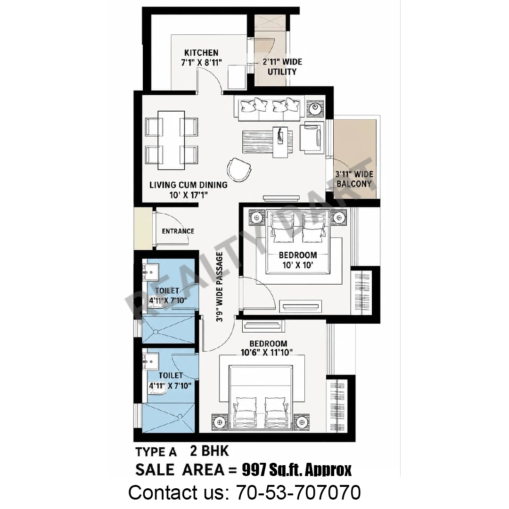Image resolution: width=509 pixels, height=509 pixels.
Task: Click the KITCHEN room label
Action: pos(201,53)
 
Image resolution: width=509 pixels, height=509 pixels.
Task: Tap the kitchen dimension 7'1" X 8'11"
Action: pos(201,62)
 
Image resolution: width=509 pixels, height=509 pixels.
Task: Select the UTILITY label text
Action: pos(282,72)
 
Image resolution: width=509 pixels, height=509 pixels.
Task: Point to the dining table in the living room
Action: pos(171,140)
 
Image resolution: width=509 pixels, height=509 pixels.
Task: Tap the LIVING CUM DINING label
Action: pos(188,185)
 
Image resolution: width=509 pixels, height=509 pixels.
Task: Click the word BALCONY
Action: pos(354,184)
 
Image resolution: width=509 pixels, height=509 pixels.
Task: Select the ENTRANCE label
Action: pos(178,231)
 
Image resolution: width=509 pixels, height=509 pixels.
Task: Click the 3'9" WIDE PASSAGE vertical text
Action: pos(220,287)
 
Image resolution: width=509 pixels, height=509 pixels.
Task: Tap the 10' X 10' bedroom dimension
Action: pos(298,265)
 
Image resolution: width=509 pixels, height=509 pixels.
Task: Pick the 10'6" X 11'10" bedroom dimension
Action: pos(267,352)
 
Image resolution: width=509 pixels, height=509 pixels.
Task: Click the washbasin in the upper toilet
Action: pos(150,272)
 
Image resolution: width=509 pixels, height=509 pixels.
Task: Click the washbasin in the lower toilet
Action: pos(150,361)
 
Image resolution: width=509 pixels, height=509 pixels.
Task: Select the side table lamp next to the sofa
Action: pos(315,107)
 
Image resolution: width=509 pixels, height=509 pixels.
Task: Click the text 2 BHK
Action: pos(209,451)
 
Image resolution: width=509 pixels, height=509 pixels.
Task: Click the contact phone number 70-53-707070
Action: pos(298,492)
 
